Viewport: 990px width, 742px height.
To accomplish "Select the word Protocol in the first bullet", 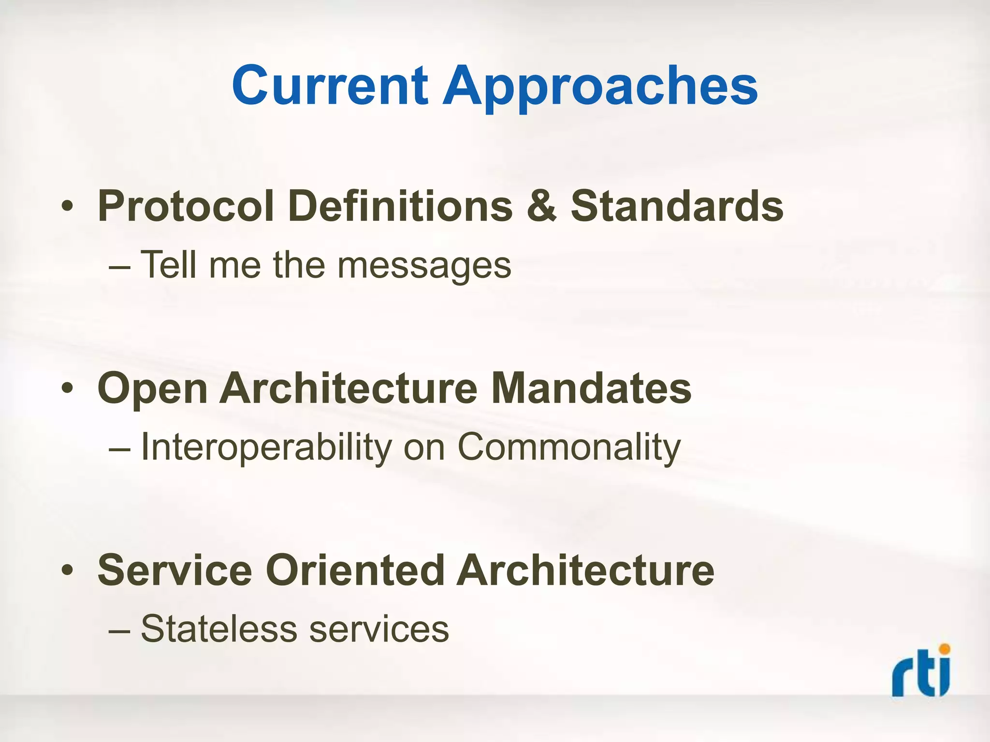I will tap(186, 207).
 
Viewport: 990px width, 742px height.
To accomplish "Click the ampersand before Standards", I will tap(541, 207).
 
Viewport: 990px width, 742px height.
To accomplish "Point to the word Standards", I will tap(676, 207).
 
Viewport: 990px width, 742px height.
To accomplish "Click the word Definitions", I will tap(400, 207).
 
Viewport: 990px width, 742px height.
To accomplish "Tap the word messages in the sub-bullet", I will tap(424, 266).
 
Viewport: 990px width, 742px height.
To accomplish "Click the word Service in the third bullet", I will tap(175, 571).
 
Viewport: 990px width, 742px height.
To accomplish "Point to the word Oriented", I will tap(355, 571).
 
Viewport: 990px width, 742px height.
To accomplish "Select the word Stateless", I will tap(218, 629).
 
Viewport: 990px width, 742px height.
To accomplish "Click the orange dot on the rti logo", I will tap(944, 649).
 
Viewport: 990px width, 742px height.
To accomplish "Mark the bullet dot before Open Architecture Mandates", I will tap(67, 389).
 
